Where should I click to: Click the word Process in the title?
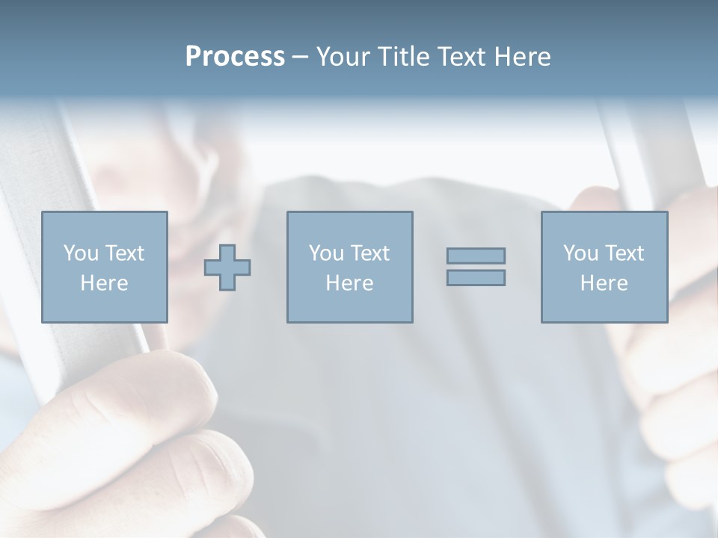(x=235, y=57)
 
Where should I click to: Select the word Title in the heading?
(x=405, y=57)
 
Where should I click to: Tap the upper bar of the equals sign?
(x=476, y=256)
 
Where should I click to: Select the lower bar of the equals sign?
(x=476, y=277)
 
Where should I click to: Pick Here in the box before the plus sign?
(x=104, y=283)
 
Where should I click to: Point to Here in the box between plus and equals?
(x=349, y=283)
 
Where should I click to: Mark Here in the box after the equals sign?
(x=604, y=283)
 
